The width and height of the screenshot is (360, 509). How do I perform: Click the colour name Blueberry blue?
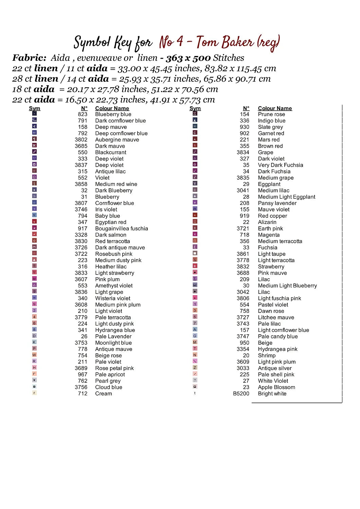pos(113,114)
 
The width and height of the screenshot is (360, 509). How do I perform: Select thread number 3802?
pos(81,140)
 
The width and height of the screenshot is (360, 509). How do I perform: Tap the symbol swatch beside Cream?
pos(34,393)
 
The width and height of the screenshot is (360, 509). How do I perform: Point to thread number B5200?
pos(241,394)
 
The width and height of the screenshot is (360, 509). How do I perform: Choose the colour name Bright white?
pos(272,394)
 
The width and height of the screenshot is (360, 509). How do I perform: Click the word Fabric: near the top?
pos(29,58)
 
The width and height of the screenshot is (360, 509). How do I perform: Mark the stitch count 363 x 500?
pos(188,58)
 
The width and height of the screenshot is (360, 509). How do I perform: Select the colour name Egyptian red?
pos(111,222)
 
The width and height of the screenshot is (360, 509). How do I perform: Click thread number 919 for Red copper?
pos(245,216)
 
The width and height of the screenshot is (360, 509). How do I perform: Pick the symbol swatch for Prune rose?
pos(195,114)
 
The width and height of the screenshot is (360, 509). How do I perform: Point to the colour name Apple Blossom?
pos(276,387)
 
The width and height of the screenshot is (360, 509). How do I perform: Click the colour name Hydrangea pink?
pos(277,349)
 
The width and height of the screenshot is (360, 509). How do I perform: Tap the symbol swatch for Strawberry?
pos(195,266)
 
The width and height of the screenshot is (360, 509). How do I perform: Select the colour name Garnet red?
pos(271,133)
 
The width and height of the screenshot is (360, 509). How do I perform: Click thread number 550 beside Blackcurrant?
pos(83,152)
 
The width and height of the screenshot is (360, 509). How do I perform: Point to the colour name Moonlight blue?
pos(113,343)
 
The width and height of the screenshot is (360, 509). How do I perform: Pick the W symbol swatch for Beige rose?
pos(34,355)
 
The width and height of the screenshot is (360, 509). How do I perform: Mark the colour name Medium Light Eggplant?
pos(287,197)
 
